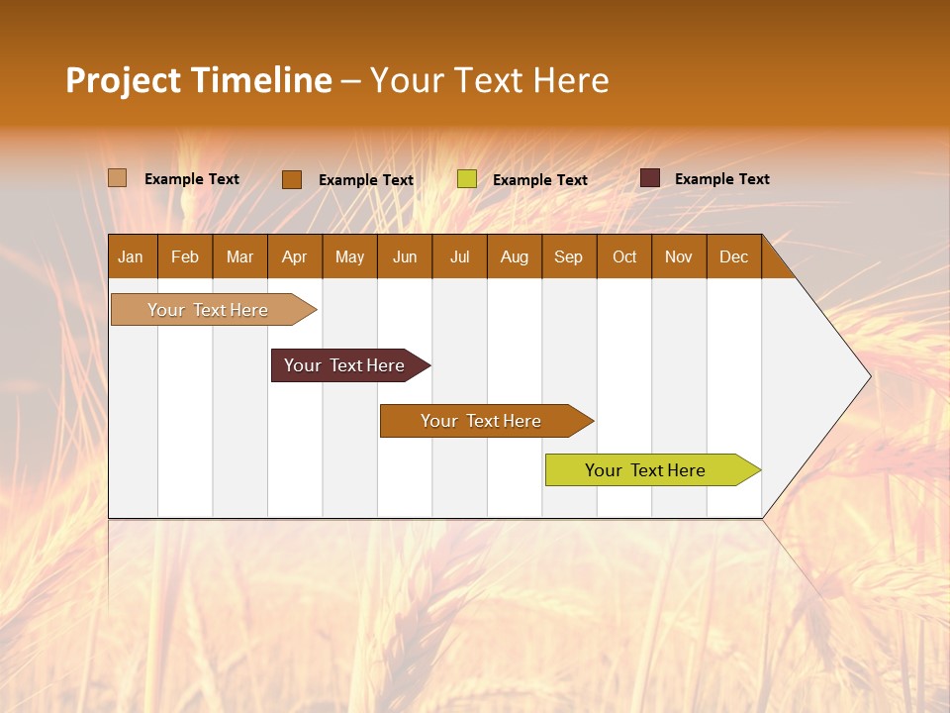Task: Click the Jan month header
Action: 131,256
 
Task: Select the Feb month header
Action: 185,256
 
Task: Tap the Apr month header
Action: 295,256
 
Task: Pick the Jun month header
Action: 405,256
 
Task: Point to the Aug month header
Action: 515,256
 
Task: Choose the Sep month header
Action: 569,256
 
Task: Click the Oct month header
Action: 624,256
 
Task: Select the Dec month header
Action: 734,256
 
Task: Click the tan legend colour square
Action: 118,178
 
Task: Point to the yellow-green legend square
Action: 467,179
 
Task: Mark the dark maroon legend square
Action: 650,178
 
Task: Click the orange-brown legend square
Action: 292,179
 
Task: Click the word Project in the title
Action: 123,80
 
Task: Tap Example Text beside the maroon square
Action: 721,179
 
